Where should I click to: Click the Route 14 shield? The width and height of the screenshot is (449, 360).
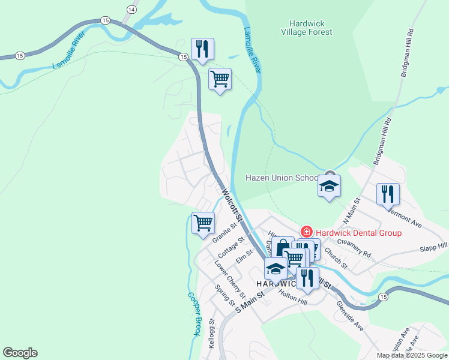131,9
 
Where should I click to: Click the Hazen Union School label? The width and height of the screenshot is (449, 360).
282,178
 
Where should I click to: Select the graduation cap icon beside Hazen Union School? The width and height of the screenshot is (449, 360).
329,187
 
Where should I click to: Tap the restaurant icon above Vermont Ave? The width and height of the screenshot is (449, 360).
388,193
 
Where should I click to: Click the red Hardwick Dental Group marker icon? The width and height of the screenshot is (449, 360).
306,232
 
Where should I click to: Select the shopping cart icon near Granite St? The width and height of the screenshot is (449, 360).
203,222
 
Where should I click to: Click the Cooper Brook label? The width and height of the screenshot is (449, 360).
194,313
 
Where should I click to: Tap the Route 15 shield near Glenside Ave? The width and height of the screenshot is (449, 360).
382,296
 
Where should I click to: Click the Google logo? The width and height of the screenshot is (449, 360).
20,353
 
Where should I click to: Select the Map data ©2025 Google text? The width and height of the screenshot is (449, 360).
412,355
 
